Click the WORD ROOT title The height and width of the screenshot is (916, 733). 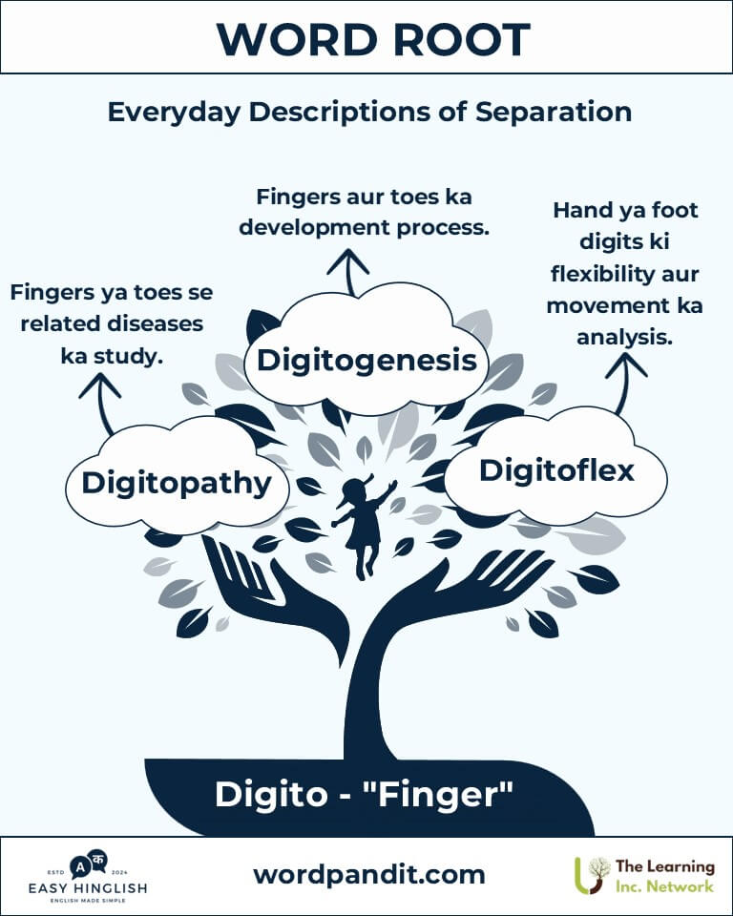(x=373, y=39)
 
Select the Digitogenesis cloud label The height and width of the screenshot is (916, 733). (x=366, y=360)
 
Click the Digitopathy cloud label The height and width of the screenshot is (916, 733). (x=177, y=484)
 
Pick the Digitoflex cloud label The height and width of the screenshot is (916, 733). (x=556, y=470)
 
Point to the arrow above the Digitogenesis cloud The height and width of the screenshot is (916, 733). (x=348, y=272)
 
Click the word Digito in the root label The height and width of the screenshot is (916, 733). (x=271, y=795)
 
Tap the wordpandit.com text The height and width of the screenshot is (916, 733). (x=368, y=875)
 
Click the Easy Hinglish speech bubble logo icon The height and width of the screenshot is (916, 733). (x=88, y=864)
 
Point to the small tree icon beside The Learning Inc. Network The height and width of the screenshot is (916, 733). (x=592, y=875)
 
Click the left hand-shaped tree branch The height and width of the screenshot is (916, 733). (x=275, y=595)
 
